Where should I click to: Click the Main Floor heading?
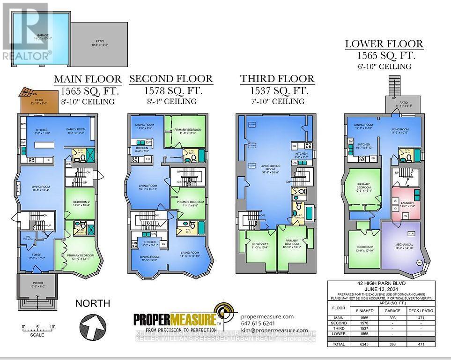(x=88, y=79)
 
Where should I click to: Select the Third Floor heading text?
(x=277, y=79)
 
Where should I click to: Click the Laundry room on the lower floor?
(x=406, y=205)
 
